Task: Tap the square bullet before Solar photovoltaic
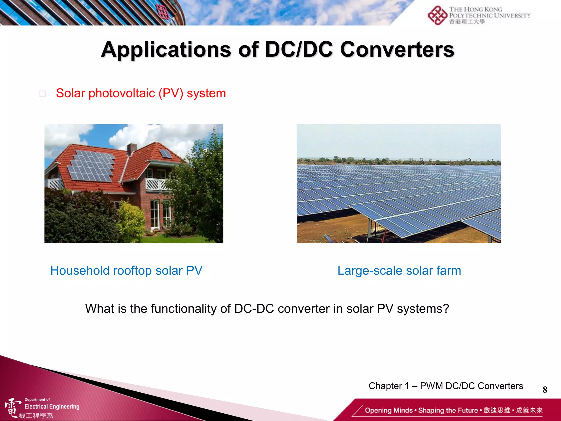point(42,94)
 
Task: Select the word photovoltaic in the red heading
point(122,93)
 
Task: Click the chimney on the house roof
point(132,149)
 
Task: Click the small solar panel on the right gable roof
point(165,153)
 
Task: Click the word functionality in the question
point(184,309)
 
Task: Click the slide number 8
point(545,389)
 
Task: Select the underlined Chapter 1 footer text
point(446,386)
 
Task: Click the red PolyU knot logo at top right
point(437,16)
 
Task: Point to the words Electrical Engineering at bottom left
point(52,406)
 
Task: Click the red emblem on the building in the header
point(163,12)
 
